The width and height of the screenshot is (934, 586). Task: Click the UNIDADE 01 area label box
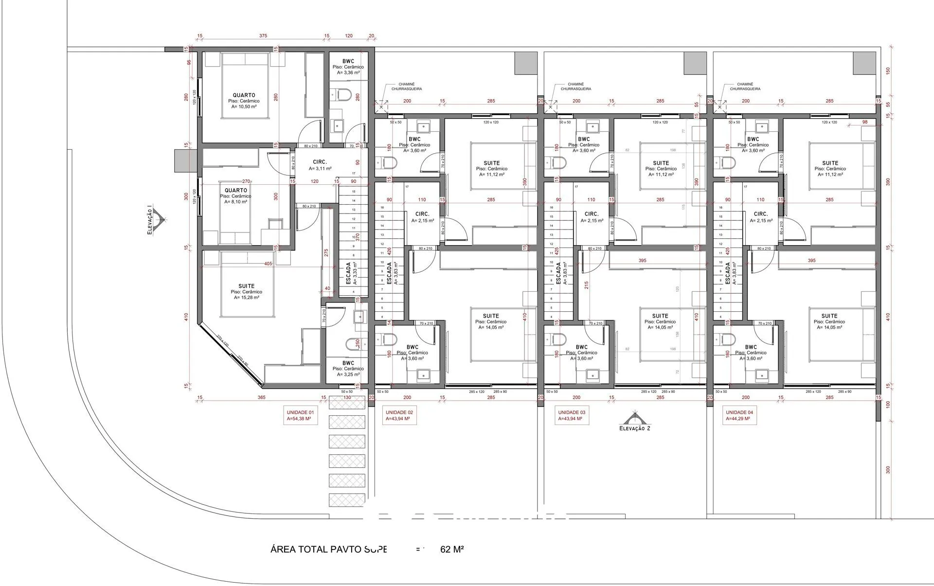pyautogui.click(x=300, y=415)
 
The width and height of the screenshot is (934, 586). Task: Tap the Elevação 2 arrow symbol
pyautogui.click(x=634, y=419)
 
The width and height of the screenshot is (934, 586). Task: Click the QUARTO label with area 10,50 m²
pyautogui.click(x=244, y=101)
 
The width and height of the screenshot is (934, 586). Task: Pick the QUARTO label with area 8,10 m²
pyautogui.click(x=236, y=195)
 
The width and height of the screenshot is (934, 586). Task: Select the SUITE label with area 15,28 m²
pyautogui.click(x=246, y=291)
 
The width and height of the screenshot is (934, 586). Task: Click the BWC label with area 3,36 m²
pyautogui.click(x=348, y=67)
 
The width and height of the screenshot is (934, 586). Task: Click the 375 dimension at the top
pyautogui.click(x=263, y=36)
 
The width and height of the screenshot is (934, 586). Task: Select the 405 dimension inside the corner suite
pyautogui.click(x=268, y=264)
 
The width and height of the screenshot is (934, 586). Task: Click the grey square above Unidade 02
pyautogui.click(x=526, y=63)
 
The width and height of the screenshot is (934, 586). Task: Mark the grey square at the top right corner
pyautogui.click(x=864, y=63)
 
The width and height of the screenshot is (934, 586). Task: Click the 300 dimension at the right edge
pyautogui.click(x=888, y=470)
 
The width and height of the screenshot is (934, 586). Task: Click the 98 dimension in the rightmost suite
pyautogui.click(x=864, y=122)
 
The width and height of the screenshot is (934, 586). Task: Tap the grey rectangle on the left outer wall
pyautogui.click(x=185, y=160)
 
